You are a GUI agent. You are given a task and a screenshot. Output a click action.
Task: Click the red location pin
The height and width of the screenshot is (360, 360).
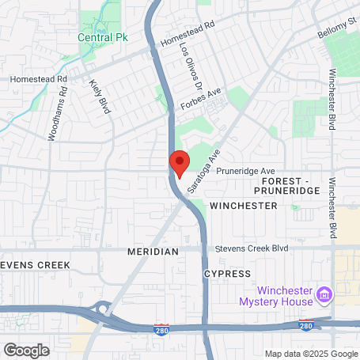click(179, 162)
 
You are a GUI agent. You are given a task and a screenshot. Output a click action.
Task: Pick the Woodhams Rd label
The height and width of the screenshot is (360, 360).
click(58, 114)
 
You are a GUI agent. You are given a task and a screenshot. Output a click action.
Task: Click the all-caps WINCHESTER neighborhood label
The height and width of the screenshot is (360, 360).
click(244, 206)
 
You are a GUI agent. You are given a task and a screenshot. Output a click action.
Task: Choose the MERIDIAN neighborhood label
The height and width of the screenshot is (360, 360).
click(153, 251)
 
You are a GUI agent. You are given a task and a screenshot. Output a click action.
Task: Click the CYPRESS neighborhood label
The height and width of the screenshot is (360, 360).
click(227, 273)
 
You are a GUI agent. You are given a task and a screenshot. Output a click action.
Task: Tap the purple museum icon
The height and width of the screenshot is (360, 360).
click(323, 295)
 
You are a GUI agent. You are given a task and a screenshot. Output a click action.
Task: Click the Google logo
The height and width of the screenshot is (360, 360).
click(27, 349)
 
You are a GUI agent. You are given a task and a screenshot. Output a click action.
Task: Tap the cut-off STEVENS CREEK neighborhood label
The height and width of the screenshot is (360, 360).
click(35, 264)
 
